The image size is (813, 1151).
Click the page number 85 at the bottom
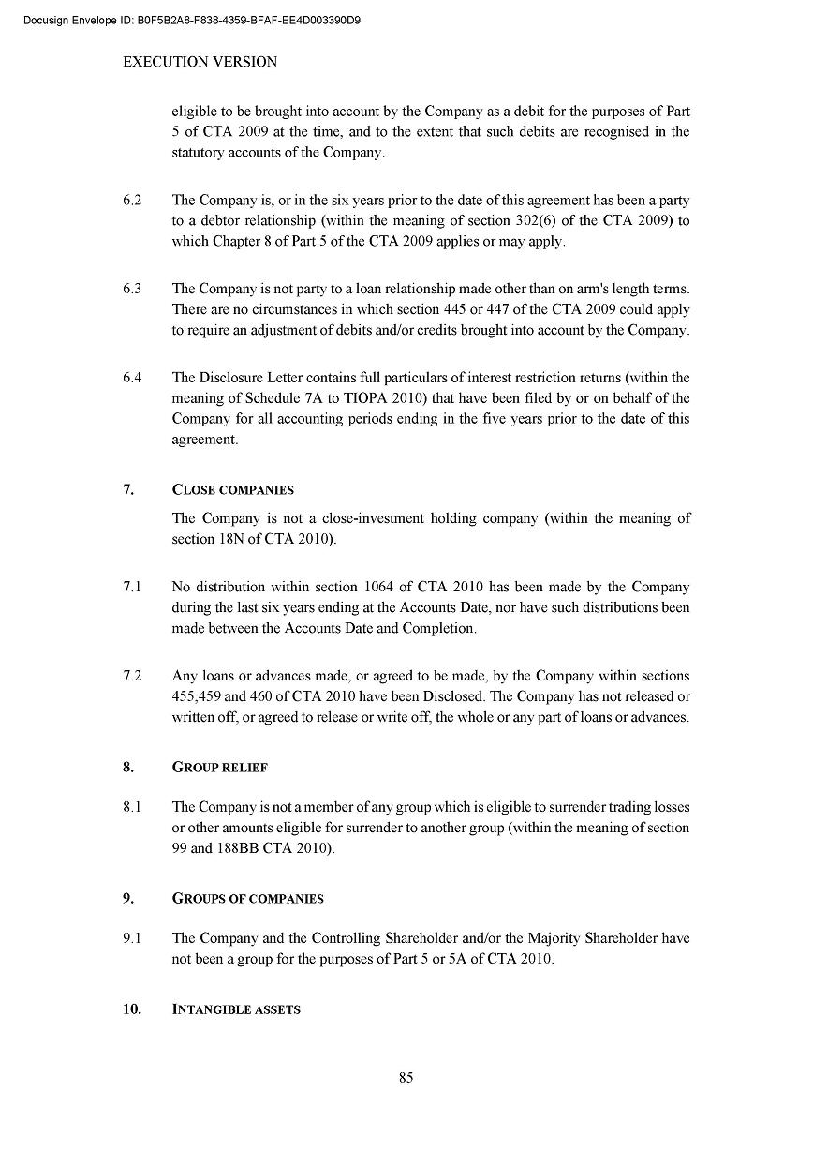click(x=406, y=1078)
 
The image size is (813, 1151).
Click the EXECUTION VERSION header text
click(x=200, y=62)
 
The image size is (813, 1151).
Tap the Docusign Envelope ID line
click(x=192, y=20)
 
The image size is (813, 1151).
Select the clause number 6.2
click(x=132, y=200)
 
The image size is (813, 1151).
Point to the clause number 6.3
click(x=132, y=289)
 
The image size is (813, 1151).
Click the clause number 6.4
click(x=132, y=378)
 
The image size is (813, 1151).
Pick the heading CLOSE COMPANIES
click(x=233, y=489)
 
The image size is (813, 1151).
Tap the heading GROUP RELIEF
click(x=220, y=767)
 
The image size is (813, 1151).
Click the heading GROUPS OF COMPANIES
click(x=248, y=898)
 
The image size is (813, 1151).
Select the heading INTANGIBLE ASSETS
click(x=236, y=1009)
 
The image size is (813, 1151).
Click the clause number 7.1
click(x=132, y=588)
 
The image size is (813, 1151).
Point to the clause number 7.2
click(x=132, y=676)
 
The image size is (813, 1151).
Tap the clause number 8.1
click(x=132, y=807)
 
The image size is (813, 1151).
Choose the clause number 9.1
click(x=132, y=938)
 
